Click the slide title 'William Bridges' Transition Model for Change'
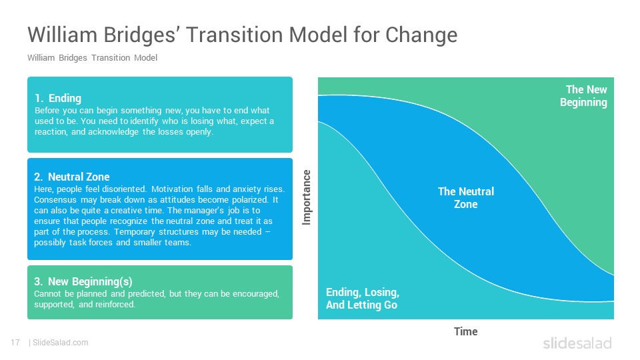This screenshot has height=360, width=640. coord(243,35)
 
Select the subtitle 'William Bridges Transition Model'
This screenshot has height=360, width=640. coord(92,58)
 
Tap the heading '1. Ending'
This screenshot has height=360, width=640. coord(58,99)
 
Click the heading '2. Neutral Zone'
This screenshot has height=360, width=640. coord(72,177)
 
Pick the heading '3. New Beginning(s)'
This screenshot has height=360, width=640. coord(83,281)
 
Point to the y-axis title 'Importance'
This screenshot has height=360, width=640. coord(307,197)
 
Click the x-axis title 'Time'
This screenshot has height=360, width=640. coord(466,331)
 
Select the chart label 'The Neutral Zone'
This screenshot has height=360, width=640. coord(466,198)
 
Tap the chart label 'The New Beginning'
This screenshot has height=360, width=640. coord(584,96)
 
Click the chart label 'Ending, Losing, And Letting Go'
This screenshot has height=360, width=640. coord(363,299)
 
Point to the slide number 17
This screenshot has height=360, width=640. coord(15,343)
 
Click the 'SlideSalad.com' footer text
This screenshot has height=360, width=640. coord(61,343)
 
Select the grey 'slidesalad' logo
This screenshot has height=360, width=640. coord(577,343)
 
